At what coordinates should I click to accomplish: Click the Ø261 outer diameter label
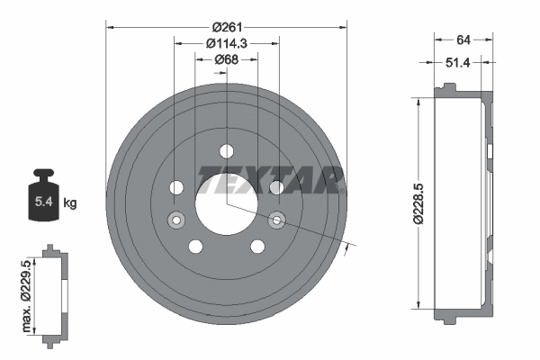(226, 27)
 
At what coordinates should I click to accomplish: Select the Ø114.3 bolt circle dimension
(226, 43)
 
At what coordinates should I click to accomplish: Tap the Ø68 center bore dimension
(226, 59)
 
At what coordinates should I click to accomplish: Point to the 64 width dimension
(464, 39)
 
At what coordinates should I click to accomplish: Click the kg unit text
(70, 203)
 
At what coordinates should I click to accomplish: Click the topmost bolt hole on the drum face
(226, 149)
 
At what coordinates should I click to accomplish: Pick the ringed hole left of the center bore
(176, 219)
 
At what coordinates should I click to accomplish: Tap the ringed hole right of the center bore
(276, 219)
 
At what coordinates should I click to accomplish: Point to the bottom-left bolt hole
(195, 246)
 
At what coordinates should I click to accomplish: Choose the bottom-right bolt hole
(256, 246)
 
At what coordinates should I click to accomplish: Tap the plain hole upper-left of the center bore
(176, 187)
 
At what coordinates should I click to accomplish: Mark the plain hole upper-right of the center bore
(276, 187)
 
